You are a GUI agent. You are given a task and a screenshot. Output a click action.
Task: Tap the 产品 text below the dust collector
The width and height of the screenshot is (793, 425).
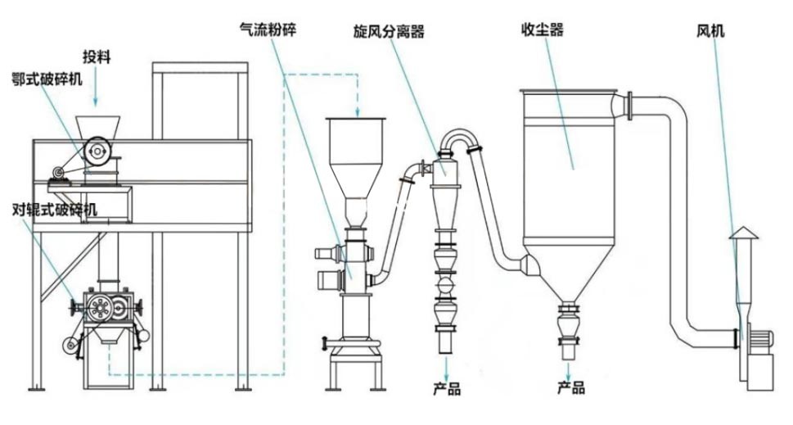click(570, 387)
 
